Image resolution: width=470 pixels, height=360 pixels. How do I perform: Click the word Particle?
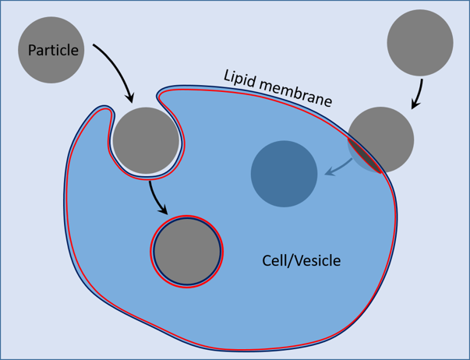coord(53,51)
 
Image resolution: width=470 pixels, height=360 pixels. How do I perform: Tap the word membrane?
coord(295,93)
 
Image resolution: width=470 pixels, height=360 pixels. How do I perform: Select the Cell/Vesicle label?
coord(301,260)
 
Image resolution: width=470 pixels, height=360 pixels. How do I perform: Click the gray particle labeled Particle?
coord(51,50)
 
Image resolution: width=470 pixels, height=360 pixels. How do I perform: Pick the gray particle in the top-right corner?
coord(420,43)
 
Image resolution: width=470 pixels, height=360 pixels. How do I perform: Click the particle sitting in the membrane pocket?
coord(146,140)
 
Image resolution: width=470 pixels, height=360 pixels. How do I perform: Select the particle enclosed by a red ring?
coord(187,252)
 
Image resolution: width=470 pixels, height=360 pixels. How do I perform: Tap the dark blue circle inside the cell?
coord(284,174)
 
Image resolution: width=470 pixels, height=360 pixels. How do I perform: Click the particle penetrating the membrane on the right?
coord(381,140)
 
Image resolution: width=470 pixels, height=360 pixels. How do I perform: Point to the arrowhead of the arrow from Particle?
coord(130,98)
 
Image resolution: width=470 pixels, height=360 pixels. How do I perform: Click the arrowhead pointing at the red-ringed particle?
coord(164,210)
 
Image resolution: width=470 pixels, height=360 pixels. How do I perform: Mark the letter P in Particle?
coord(32,51)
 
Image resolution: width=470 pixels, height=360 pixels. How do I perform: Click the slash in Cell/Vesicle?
coord(289,260)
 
